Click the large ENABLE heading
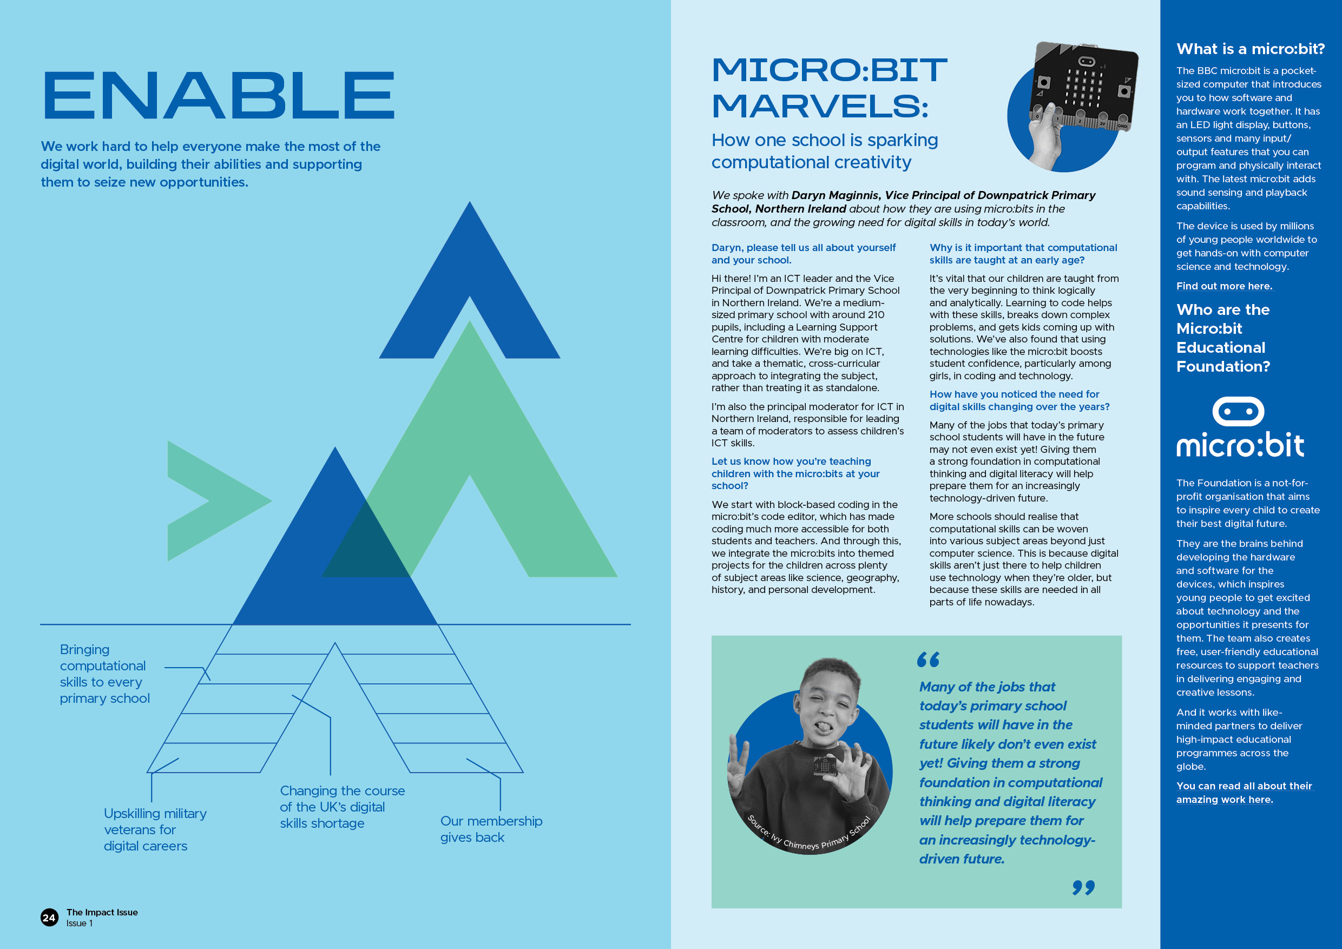click(219, 95)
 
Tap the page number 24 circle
click(49, 918)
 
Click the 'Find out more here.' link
click(1224, 286)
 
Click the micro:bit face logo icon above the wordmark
click(1238, 411)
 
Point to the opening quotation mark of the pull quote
click(927, 659)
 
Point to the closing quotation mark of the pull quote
click(1083, 888)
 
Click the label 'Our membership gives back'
click(491, 829)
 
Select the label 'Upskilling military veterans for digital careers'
click(155, 829)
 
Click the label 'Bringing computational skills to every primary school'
click(104, 674)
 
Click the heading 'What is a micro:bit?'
click(1250, 49)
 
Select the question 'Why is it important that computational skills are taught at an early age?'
click(1023, 254)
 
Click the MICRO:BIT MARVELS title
click(828, 88)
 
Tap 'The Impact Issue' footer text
click(102, 912)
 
